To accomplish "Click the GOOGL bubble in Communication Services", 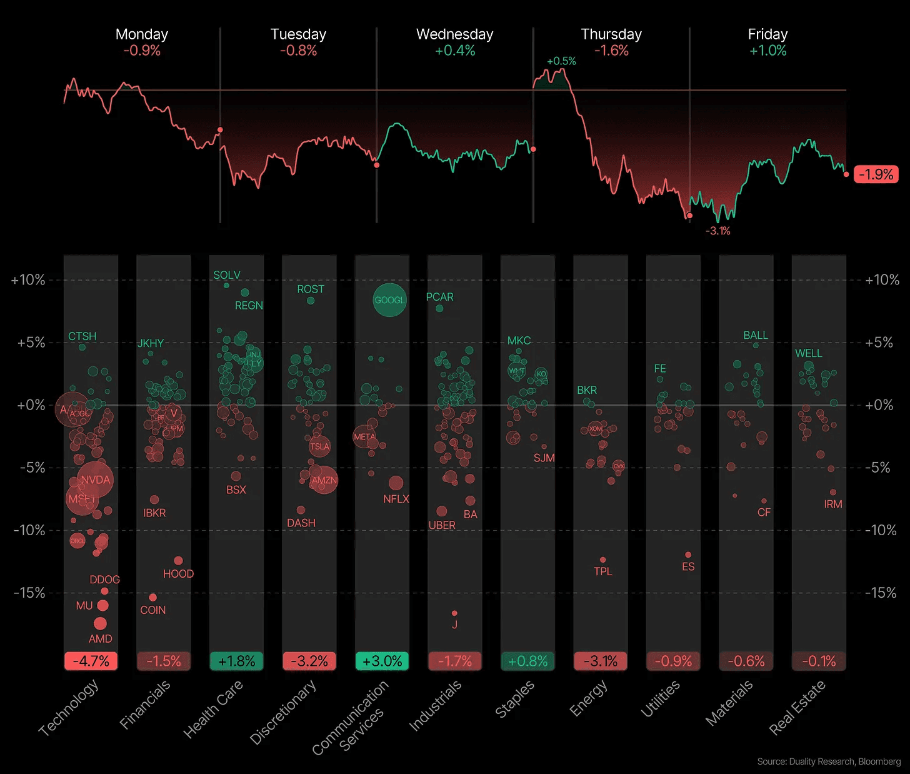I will point(389,300).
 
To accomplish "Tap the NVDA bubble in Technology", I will point(96,480).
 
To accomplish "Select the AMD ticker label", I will point(100,638).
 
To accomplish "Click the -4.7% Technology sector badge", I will point(91,661).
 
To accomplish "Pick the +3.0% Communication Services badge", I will point(382,661).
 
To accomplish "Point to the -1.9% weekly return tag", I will point(876,174).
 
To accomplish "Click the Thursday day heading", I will point(611,34).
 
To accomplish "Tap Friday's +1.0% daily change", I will point(767,51).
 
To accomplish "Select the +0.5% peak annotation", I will point(561,61).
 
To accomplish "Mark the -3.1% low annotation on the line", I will point(717,231).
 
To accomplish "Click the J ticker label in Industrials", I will point(454,625).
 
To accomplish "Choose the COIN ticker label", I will point(153,610).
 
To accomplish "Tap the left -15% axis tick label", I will point(29,593).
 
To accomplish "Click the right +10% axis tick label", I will point(882,280).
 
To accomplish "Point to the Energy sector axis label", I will point(589,698).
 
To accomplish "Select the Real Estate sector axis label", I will point(797,707).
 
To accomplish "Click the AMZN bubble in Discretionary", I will point(324,480).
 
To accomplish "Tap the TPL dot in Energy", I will point(602,560).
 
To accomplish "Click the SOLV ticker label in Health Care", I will point(227,275).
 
